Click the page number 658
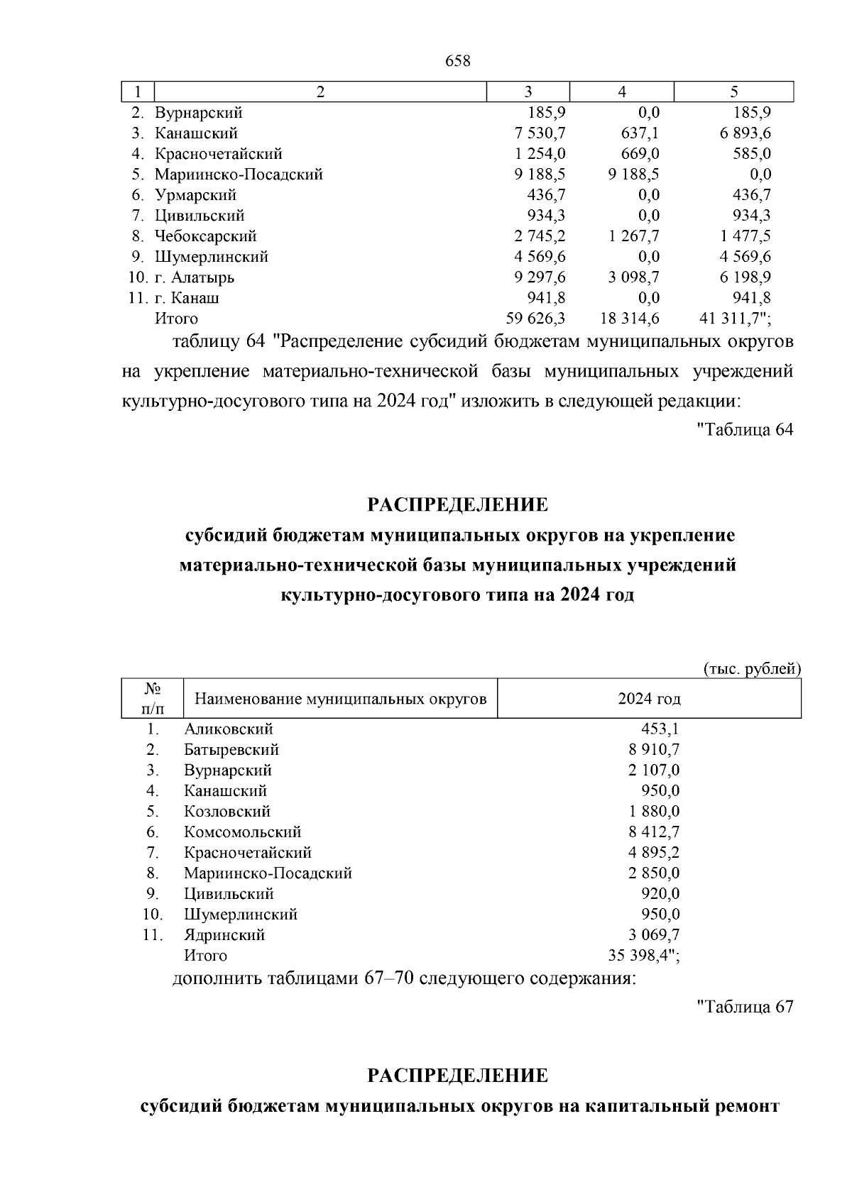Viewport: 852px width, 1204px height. point(458,62)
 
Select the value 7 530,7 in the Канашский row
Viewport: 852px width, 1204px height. point(537,133)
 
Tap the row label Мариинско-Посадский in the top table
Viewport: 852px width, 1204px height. point(239,175)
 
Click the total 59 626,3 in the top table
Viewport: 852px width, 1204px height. point(535,319)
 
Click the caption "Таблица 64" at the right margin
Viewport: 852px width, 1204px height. point(745,430)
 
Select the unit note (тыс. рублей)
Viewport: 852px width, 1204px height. point(752,669)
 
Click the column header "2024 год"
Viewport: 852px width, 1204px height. point(649,700)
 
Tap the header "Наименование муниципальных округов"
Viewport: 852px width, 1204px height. point(341,700)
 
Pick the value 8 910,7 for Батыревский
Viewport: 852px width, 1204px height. point(654,750)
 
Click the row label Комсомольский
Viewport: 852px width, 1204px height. point(243,832)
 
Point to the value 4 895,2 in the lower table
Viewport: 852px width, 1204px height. point(654,853)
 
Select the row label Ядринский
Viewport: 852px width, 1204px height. point(224,935)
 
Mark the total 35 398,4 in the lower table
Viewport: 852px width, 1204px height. point(638,956)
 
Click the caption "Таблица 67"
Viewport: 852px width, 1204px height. point(745,1007)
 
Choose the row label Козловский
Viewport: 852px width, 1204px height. point(227,812)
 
